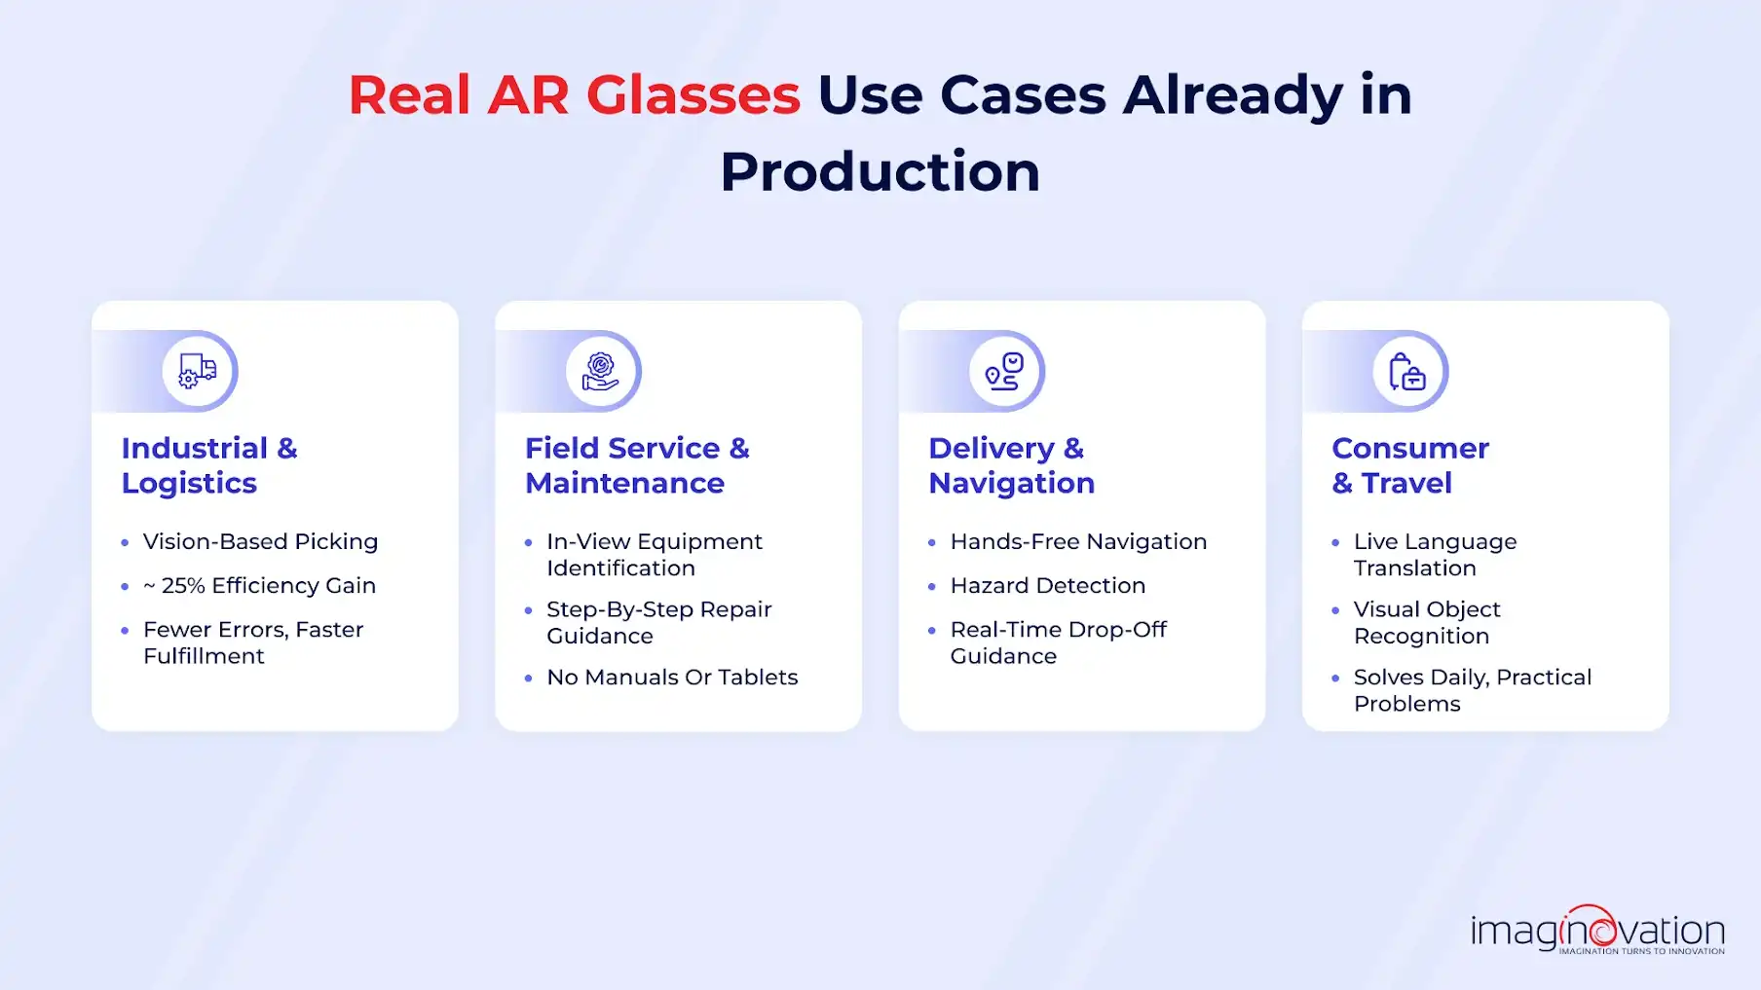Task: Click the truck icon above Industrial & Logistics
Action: pyautogui.click(x=198, y=371)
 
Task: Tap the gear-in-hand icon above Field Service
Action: pyautogui.click(x=601, y=371)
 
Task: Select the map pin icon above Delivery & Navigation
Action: pyautogui.click(x=1004, y=371)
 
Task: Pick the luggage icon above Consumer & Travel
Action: pyautogui.click(x=1407, y=371)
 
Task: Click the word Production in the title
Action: pyautogui.click(x=880, y=171)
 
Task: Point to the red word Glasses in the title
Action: pyautogui.click(x=693, y=95)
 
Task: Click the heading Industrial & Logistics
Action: pyautogui.click(x=209, y=465)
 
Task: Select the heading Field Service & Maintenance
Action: pyautogui.click(x=637, y=465)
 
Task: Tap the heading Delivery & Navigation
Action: pyautogui.click(x=1011, y=465)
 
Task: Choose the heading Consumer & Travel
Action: pyautogui.click(x=1409, y=465)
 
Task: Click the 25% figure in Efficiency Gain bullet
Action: pyautogui.click(x=183, y=586)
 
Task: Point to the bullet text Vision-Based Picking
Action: pyautogui.click(x=260, y=541)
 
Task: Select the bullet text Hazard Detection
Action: pyautogui.click(x=1047, y=586)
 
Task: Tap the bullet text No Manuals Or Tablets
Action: pyautogui.click(x=672, y=678)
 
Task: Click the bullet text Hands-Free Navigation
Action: pyautogui.click(x=1078, y=541)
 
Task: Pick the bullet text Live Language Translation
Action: pyautogui.click(x=1435, y=555)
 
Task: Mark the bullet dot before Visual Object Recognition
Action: pyautogui.click(x=1335, y=610)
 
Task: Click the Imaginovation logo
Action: pyautogui.click(x=1597, y=931)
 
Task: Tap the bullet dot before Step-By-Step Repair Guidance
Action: pyautogui.click(x=528, y=610)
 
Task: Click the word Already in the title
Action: pyautogui.click(x=1232, y=95)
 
